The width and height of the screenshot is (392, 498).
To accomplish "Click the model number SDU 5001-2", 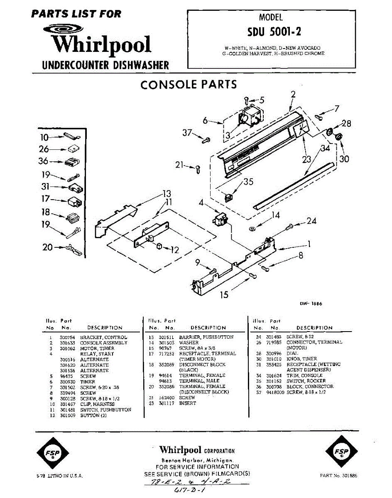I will pyautogui.click(x=271, y=32).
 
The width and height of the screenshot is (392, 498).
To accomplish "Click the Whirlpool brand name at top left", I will pyautogui.click(x=101, y=45).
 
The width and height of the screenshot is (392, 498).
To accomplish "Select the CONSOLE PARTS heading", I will pyautogui.click(x=189, y=85).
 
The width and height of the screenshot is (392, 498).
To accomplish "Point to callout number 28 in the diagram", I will pyautogui.click(x=346, y=123).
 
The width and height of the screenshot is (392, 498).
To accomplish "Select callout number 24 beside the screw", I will pyautogui.click(x=312, y=221).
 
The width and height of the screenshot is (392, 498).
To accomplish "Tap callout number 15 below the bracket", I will pyautogui.click(x=224, y=295).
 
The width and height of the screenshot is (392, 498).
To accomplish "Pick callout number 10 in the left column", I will pyautogui.click(x=44, y=137).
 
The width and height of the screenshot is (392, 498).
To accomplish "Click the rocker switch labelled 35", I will pyautogui.click(x=228, y=196).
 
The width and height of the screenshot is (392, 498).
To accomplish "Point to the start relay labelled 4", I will pyautogui.click(x=221, y=219).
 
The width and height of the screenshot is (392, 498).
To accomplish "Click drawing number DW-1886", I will pyautogui.click(x=311, y=303).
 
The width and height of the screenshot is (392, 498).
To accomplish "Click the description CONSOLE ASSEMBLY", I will pyautogui.click(x=103, y=343).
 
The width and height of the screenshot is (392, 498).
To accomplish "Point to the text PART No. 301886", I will pyautogui.click(x=338, y=475).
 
